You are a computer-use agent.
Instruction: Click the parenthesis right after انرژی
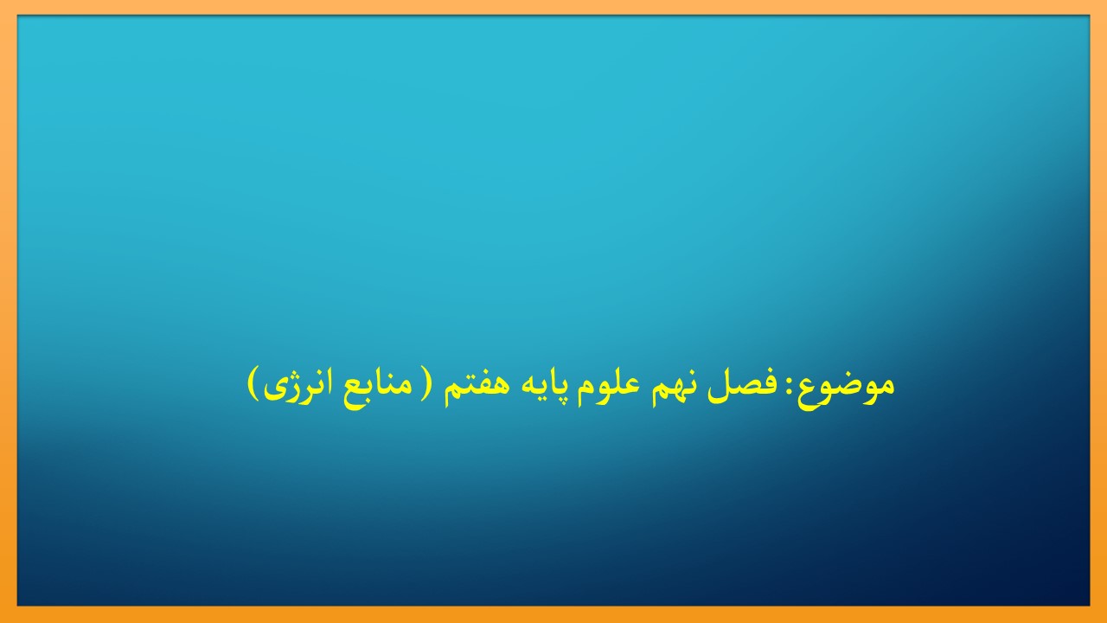tap(253, 384)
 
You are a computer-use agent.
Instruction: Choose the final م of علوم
tap(578, 393)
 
